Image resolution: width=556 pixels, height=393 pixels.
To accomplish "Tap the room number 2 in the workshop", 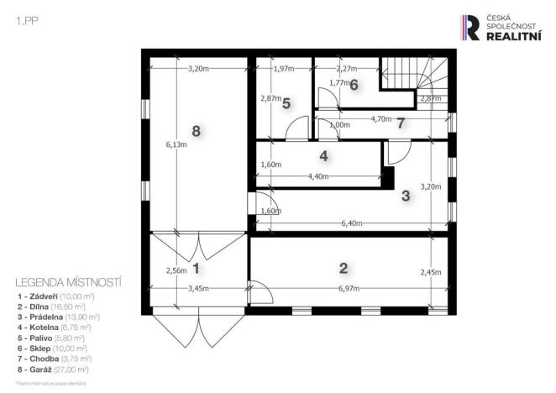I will point(343,269).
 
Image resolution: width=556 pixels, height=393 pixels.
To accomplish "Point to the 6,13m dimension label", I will point(176,144).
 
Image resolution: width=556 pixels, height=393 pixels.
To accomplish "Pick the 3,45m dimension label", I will point(199,289).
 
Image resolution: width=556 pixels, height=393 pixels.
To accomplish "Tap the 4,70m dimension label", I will point(382,119).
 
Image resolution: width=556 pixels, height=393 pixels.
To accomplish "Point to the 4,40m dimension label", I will point(320,176).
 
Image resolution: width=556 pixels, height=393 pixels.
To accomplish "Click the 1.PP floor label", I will point(25,22).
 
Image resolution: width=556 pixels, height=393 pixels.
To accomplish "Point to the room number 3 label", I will point(405,196).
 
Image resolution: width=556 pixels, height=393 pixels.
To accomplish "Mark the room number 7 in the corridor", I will point(401,123).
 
